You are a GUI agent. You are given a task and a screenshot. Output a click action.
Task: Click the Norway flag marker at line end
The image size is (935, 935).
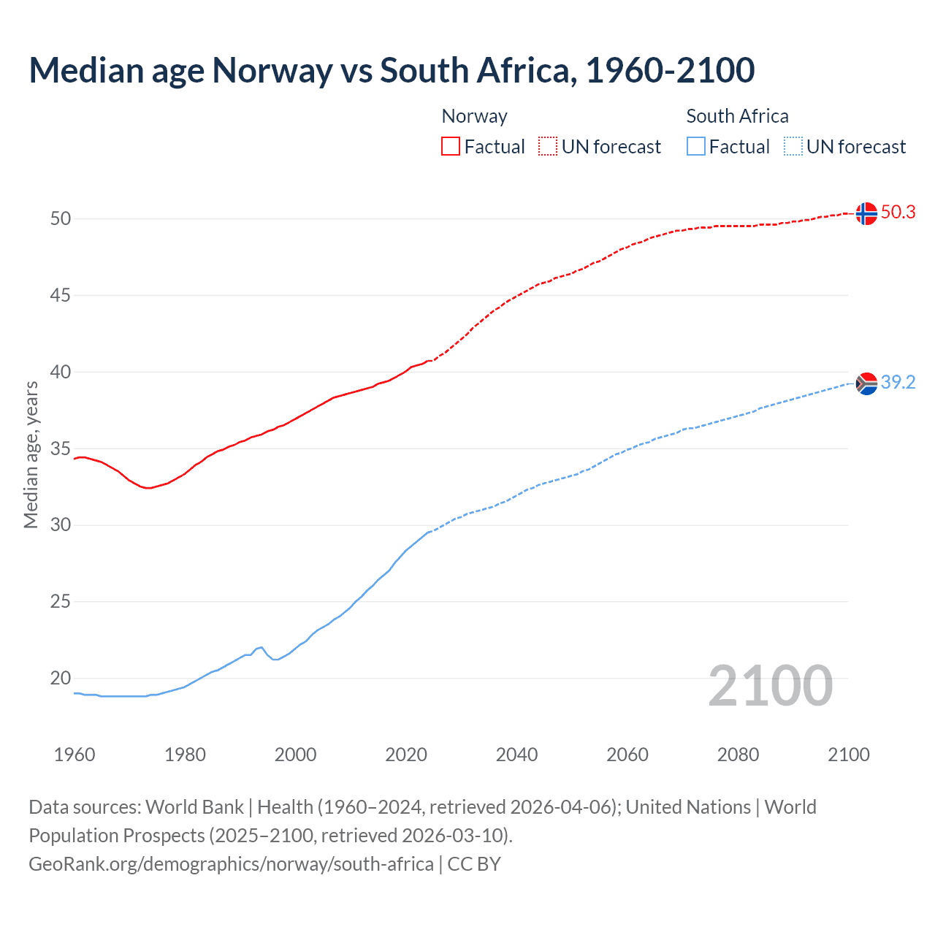[x=866, y=213]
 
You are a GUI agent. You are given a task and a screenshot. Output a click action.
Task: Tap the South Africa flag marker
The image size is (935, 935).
[x=866, y=383]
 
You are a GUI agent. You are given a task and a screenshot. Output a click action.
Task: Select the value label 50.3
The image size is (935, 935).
[x=898, y=213]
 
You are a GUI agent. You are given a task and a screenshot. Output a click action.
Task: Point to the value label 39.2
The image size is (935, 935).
[x=898, y=383]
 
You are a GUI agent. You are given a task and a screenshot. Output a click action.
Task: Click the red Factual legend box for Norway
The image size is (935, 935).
[x=451, y=147]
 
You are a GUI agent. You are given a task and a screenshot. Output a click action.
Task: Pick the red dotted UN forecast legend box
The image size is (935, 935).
[x=548, y=147]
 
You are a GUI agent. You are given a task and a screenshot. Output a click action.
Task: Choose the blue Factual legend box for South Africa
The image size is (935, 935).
[x=696, y=147]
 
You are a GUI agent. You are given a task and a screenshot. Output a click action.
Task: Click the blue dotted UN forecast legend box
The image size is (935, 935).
[x=793, y=147]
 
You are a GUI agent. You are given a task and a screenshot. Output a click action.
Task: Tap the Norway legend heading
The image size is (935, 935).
[x=474, y=116]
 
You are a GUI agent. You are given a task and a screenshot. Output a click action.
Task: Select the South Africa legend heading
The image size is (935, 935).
[x=737, y=116]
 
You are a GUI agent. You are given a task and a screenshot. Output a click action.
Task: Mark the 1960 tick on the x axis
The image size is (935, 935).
[x=75, y=755]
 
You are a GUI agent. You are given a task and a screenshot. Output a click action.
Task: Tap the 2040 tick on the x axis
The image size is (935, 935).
[x=516, y=755]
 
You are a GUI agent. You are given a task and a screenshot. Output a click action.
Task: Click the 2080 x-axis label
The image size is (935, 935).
[x=738, y=755]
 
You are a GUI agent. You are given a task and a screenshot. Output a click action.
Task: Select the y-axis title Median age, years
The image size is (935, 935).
[x=31, y=454]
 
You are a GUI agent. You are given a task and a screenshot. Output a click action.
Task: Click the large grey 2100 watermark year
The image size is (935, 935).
[x=770, y=685]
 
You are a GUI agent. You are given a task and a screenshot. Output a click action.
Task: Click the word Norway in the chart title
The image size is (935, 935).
[x=272, y=71]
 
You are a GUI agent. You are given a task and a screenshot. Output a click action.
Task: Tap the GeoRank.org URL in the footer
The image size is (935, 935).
[x=231, y=864]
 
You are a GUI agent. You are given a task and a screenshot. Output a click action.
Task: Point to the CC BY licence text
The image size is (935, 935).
[x=474, y=864]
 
